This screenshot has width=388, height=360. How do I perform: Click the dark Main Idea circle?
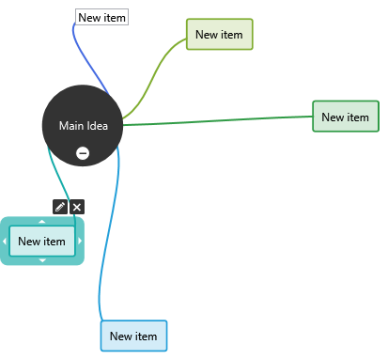83,125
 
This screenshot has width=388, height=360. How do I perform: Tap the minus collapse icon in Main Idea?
83,153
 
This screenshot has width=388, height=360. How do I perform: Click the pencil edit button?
60,207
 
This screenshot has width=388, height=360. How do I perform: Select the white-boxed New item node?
101,17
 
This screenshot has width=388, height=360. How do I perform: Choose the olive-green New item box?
220,34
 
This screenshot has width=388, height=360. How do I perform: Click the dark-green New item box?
346,117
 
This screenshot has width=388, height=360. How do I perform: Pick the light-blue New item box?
133,336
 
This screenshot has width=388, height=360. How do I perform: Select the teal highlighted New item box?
42,241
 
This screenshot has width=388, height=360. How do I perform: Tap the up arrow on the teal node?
42,222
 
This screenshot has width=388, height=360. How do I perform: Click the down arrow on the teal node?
42,260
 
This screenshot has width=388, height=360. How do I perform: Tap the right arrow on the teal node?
80,241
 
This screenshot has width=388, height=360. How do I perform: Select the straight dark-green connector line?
218,120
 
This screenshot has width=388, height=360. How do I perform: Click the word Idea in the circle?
97,126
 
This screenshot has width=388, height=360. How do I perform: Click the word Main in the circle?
71,126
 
